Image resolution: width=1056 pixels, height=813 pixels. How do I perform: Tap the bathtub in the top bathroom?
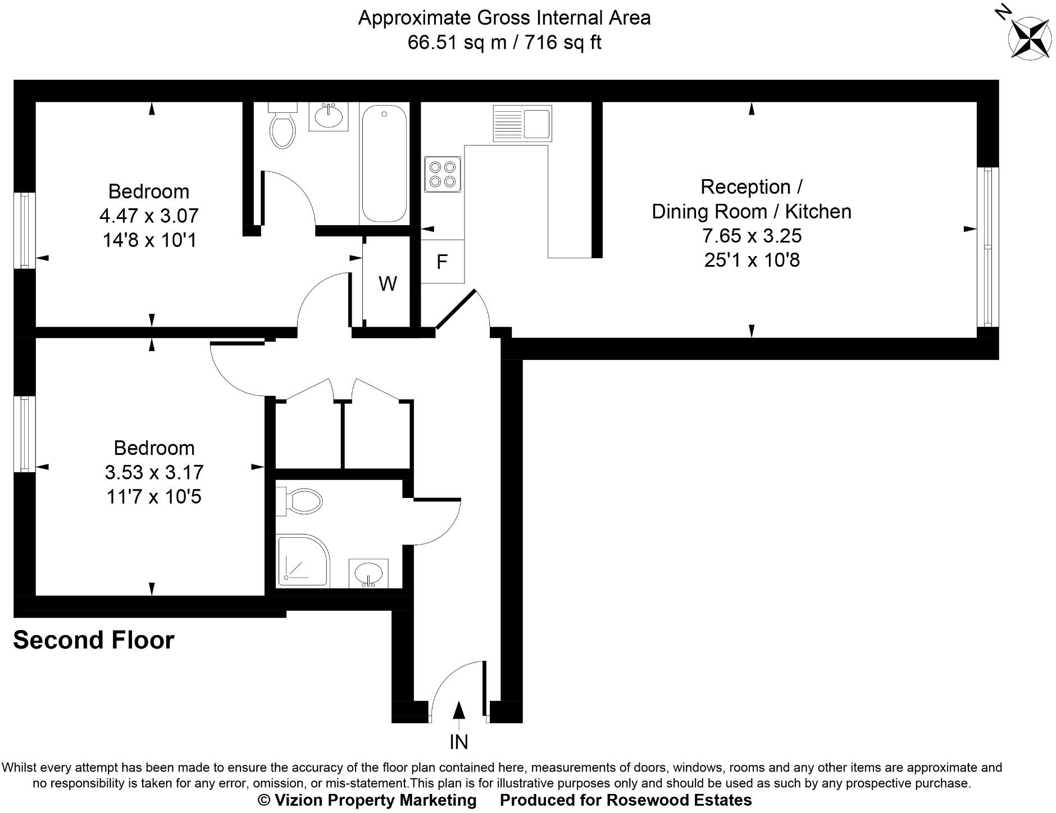point(384,164)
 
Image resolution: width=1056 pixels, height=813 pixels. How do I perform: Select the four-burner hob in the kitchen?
point(443,174)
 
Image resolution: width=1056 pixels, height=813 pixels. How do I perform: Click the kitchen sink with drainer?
point(522,124)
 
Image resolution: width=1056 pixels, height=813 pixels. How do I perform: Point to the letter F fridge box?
point(442,262)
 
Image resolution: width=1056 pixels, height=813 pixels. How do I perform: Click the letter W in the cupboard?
point(388,284)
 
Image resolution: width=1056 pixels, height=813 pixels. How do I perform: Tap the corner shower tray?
point(302,561)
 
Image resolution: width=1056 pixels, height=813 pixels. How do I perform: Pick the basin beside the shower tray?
point(368,573)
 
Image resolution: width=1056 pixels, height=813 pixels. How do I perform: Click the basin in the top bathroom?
point(328,116)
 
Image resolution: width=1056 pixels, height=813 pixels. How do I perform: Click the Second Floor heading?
point(94,640)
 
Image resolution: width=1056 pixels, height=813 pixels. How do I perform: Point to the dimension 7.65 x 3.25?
point(752,236)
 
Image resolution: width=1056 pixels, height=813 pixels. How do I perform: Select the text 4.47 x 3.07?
point(149,216)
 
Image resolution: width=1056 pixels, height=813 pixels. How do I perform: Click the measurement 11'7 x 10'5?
point(153,497)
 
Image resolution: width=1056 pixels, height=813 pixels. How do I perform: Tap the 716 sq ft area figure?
point(563,43)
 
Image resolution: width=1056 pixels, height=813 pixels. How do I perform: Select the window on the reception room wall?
point(987,247)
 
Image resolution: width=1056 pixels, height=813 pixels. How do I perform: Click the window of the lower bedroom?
point(25,434)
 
